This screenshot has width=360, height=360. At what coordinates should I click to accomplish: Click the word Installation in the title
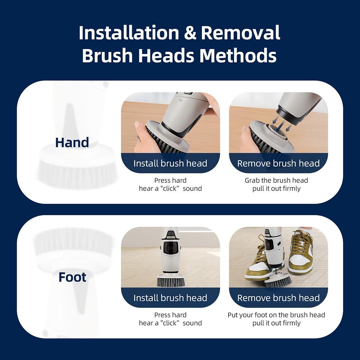[x=129, y=33]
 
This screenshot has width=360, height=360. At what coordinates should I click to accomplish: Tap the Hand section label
[x=72, y=143]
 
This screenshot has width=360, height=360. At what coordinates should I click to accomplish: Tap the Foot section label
[x=72, y=277]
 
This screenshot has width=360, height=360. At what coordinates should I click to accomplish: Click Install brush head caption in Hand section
[x=170, y=163]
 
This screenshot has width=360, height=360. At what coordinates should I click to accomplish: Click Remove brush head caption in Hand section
[x=278, y=163]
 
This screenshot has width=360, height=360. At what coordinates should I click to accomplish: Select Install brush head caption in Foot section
[x=170, y=298]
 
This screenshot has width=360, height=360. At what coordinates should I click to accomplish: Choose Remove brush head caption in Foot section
[x=278, y=298]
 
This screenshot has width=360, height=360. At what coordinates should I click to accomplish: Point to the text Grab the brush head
[x=276, y=180]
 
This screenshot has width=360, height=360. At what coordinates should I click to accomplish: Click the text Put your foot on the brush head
[x=276, y=315]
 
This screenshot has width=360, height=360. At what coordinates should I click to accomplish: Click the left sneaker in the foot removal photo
[x=257, y=261]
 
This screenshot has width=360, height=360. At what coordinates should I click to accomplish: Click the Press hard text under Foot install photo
[x=170, y=315]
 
